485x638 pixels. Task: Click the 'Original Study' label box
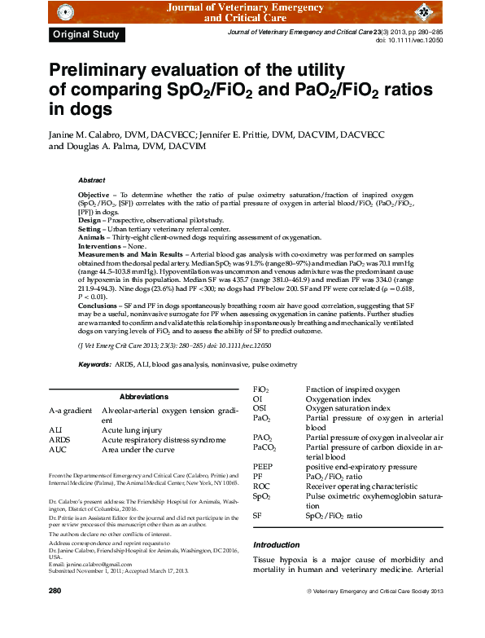[86, 34]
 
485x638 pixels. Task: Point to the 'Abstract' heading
[91, 179]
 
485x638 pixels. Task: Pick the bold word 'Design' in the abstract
[89, 220]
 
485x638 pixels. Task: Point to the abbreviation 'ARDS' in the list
[61, 439]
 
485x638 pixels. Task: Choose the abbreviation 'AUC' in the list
[59, 449]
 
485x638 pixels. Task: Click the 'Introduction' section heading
[277, 544]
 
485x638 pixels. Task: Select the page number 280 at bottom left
[55, 589]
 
